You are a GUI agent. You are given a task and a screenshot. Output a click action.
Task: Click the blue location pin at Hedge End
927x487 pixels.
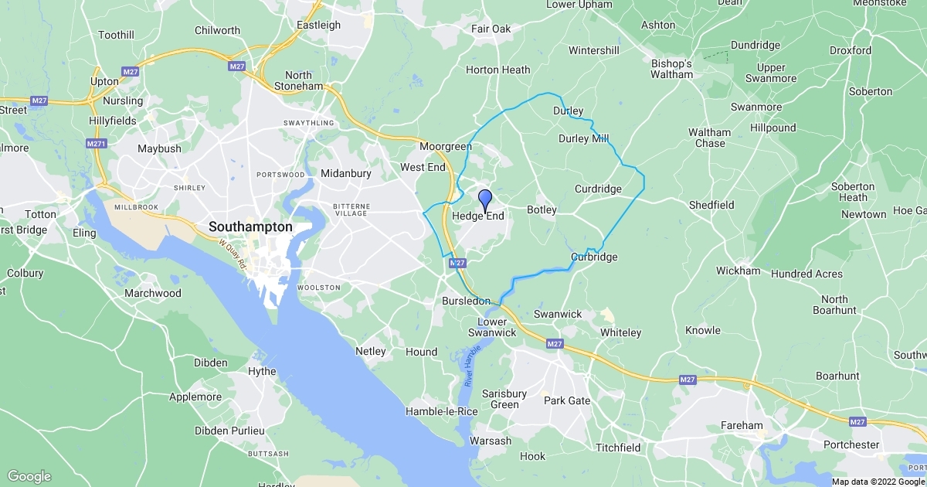[485, 199]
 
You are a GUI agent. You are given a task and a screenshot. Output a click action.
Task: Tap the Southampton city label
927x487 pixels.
[250, 227]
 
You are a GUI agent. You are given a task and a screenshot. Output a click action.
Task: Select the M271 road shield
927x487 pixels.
[96, 144]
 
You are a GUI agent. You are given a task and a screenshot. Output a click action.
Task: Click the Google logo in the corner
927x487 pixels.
[29, 476]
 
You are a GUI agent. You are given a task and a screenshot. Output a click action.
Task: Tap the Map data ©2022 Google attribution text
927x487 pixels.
[878, 482]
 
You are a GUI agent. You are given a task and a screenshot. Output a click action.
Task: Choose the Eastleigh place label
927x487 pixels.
[319, 25]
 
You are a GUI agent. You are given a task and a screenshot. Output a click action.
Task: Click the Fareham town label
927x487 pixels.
[742, 425]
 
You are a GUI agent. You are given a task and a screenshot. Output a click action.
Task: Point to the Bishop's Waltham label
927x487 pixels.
[672, 69]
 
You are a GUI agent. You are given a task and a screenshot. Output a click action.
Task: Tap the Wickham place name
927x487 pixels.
[738, 271]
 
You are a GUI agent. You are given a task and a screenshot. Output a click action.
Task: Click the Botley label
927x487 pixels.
[541, 209]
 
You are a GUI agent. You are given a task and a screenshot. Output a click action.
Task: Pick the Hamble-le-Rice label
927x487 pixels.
[442, 411]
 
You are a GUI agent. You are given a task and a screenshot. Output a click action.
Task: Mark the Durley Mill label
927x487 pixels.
[583, 139]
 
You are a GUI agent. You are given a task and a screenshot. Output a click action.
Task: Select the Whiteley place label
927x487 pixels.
[621, 332]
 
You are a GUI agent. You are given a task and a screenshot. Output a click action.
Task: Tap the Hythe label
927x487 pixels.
[261, 371]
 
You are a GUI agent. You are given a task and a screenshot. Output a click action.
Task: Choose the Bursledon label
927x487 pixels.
[466, 300]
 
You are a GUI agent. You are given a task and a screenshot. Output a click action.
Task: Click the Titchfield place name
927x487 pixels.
[618, 448]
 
